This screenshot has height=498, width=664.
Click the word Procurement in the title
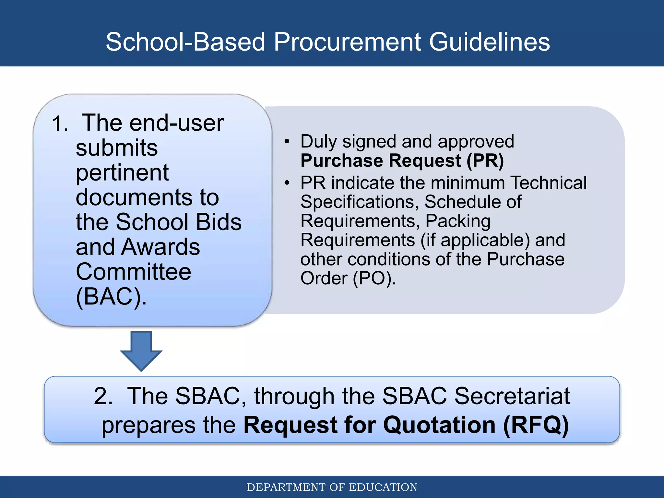pyautogui.click(x=347, y=42)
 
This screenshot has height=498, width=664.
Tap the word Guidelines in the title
pyautogui.click(x=489, y=42)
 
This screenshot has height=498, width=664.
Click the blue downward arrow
pyautogui.click(x=141, y=350)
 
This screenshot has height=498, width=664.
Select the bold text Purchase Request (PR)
pyautogui.click(x=402, y=161)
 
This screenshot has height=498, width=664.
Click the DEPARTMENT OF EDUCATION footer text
pyautogui.click(x=332, y=487)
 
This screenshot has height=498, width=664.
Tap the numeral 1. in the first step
pyautogui.click(x=60, y=124)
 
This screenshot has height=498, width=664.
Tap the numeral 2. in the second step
pyautogui.click(x=103, y=396)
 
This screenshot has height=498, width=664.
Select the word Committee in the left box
pyautogui.click(x=133, y=272)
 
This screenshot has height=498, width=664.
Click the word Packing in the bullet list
pyautogui.click(x=458, y=221)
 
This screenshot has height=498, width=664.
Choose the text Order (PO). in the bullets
pyautogui.click(x=348, y=278)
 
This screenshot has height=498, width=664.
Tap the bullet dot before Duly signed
pyautogui.click(x=287, y=142)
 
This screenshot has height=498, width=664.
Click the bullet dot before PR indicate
pyautogui.click(x=287, y=183)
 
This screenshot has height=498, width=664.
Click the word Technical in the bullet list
pyautogui.click(x=548, y=183)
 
